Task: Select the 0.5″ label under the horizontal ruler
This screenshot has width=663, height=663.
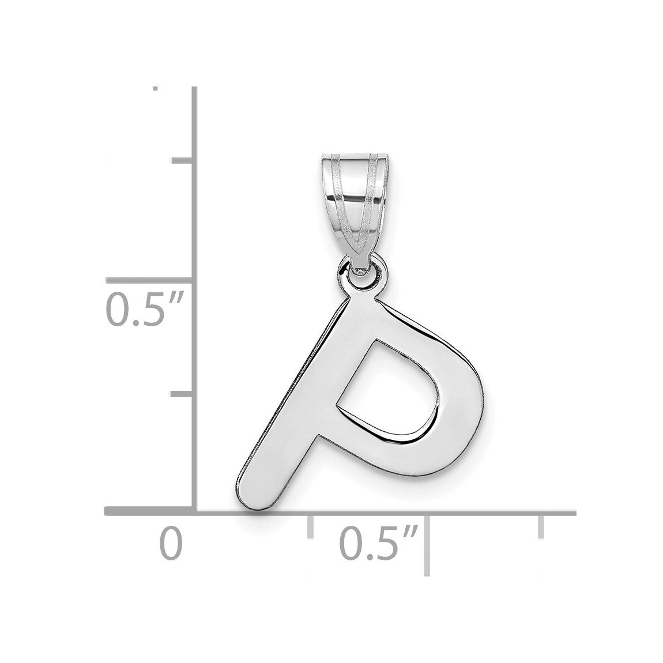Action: click(x=379, y=543)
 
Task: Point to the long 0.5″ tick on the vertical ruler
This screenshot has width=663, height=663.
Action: click(x=150, y=280)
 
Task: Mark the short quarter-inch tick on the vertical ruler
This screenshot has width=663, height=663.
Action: click(x=182, y=394)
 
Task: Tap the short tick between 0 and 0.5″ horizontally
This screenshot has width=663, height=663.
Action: click(x=310, y=526)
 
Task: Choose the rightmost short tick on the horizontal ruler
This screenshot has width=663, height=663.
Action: click(x=541, y=526)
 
